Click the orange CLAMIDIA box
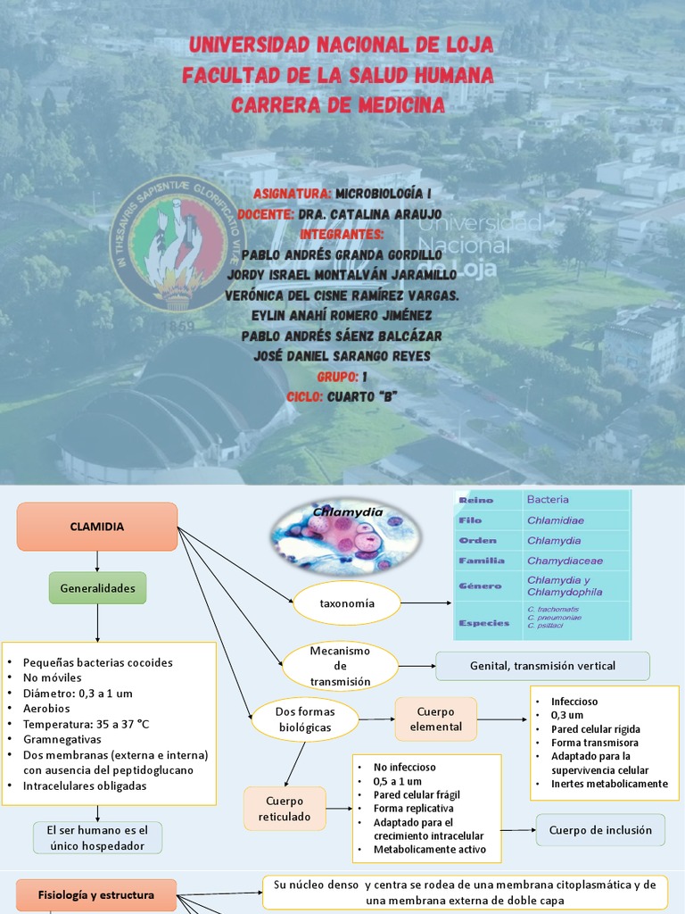tap(97, 527)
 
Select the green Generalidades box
tap(97, 588)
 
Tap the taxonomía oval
tap(347, 603)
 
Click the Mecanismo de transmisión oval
tap(339, 667)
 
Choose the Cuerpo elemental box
tap(436, 719)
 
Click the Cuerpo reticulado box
tap(285, 809)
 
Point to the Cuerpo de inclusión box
tap(600, 830)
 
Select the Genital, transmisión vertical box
tap(542, 666)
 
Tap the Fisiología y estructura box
tap(96, 894)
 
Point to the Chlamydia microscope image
tap(343, 536)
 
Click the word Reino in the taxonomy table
tap(475, 500)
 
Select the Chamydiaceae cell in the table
tap(565, 561)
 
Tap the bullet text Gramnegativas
tap(62, 739)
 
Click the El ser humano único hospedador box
tap(97, 837)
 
